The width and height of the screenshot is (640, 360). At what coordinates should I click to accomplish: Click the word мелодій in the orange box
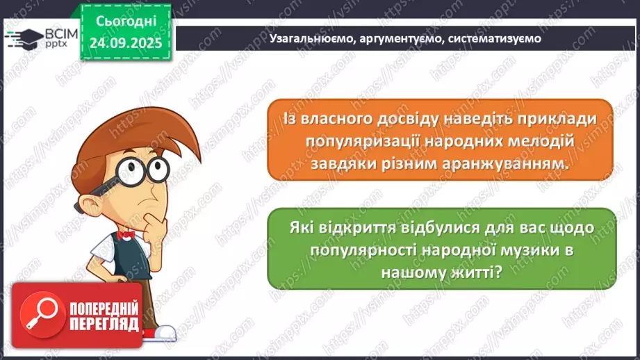[548, 142]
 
